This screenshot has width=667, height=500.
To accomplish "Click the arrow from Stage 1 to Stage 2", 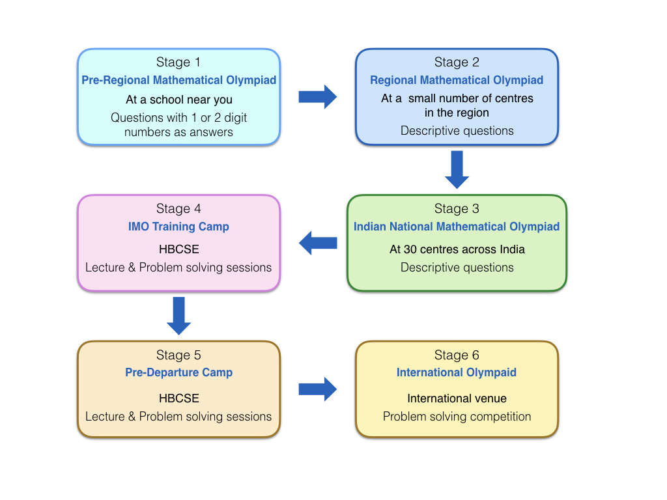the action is click(317, 96).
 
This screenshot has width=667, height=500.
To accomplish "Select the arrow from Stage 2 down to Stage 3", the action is click(457, 169).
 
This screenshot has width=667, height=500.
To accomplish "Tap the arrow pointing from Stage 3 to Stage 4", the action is click(318, 243).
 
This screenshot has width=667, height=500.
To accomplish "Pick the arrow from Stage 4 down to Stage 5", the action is click(178, 316).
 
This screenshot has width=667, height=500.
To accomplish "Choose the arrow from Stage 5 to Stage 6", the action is click(317, 389).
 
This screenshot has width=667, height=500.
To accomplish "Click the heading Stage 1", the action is click(178, 62).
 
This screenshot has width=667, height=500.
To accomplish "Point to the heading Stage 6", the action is click(457, 355).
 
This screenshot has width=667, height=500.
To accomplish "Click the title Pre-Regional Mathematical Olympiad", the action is click(178, 80).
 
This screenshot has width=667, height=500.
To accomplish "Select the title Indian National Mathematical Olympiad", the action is click(457, 227).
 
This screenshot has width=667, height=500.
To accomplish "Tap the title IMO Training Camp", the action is click(178, 227).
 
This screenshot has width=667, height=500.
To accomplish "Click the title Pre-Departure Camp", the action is click(178, 372).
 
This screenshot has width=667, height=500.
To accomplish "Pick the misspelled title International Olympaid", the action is click(457, 372).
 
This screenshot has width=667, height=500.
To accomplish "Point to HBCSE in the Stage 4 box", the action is click(178, 249).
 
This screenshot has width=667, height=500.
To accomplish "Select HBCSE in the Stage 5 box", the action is click(178, 398).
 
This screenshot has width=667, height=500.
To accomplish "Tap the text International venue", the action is click(457, 398).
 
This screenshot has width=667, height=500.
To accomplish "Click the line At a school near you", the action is click(178, 100).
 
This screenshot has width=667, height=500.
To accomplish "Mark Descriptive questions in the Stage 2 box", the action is click(457, 130).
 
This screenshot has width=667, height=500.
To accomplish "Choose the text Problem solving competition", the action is click(457, 416).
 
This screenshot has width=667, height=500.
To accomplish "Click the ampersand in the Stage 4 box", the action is click(132, 268).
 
